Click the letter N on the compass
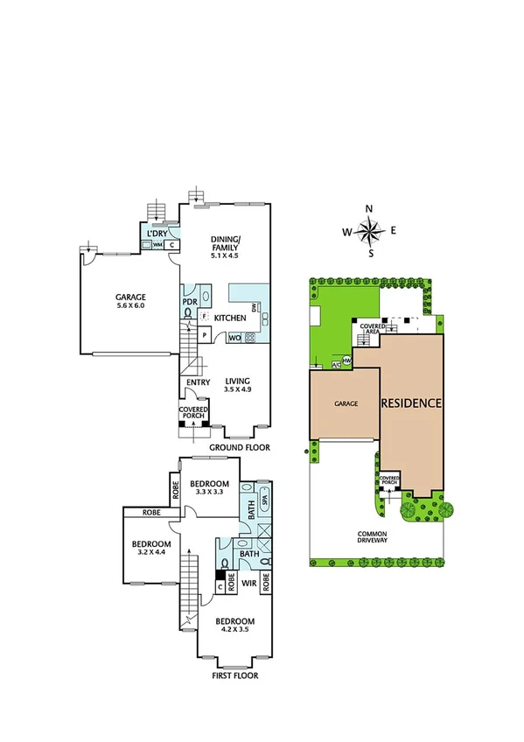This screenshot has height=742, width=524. point(369,208)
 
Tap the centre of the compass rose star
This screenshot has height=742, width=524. point(370,232)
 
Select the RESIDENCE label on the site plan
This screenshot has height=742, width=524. point(410,403)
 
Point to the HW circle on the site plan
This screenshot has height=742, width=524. point(347,360)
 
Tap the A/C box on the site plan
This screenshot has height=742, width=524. point(336,364)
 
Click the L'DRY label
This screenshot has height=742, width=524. point(157,234)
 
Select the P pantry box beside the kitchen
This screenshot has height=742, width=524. point(204,335)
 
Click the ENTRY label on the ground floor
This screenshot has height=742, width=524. point(196,381)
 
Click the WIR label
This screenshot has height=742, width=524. point(248,580)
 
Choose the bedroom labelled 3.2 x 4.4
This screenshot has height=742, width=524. point(151,547)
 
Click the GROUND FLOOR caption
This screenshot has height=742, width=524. point(238,447)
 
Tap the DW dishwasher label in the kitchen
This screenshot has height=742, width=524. point(253,307)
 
